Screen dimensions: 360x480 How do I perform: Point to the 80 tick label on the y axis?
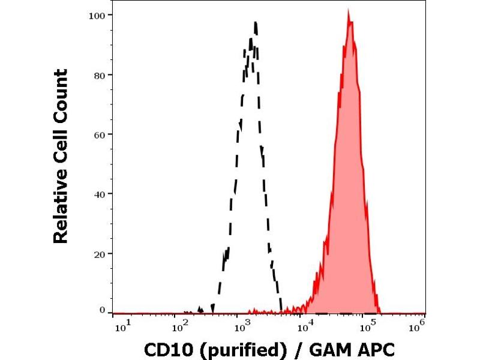100,75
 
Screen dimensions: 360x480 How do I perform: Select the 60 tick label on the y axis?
100,134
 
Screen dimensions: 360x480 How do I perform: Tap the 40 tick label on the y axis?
100,194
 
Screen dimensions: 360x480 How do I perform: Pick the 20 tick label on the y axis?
100,253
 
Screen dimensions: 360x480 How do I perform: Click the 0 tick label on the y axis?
103,310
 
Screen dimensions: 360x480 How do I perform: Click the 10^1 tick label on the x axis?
119,326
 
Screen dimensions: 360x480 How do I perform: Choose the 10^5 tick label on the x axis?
363,326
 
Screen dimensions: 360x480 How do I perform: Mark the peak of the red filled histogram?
349,11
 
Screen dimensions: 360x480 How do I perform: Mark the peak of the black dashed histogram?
256,22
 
